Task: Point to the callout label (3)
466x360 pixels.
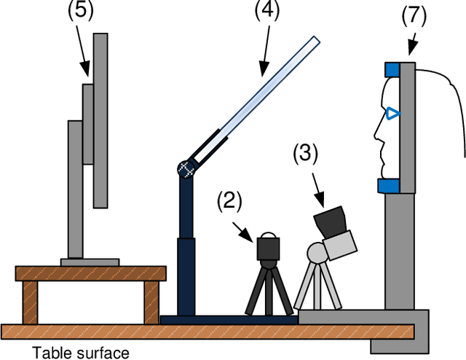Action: (x=306, y=154)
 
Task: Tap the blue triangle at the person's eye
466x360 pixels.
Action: (x=393, y=114)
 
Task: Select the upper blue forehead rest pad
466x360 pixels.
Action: (x=391, y=69)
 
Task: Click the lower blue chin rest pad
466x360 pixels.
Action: (x=389, y=186)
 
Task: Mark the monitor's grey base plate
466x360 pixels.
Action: (x=90, y=262)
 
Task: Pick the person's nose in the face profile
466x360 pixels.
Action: (x=376, y=133)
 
